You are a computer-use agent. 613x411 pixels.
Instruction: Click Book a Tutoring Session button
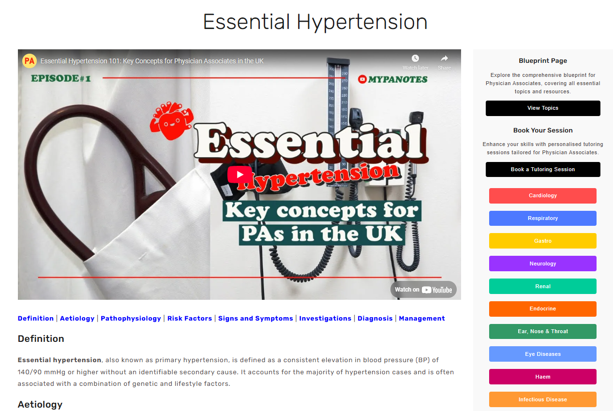point(543,169)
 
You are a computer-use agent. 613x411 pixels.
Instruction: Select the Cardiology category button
point(543,196)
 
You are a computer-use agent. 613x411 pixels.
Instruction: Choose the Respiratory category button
point(543,219)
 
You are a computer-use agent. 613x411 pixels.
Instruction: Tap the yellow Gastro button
point(543,241)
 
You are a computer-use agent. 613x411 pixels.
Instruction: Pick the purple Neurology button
point(543,264)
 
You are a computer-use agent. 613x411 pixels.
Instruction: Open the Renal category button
point(543,286)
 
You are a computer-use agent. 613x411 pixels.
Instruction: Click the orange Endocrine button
point(543,309)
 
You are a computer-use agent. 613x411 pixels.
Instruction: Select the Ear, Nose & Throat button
point(543,332)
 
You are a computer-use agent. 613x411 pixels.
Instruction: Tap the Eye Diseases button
point(543,354)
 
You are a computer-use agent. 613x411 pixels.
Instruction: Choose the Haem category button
point(543,377)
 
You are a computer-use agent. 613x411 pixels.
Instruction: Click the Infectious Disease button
point(543,399)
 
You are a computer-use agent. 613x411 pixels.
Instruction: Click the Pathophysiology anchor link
point(131,318)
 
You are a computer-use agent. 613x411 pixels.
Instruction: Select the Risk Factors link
point(190,318)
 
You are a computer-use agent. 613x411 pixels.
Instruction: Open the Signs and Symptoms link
point(255,318)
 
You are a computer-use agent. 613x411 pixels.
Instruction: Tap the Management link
point(422,318)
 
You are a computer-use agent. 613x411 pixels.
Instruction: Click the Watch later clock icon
point(415,59)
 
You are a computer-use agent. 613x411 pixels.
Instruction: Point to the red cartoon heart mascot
point(171,119)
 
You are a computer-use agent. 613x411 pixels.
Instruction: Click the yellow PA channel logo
point(30,61)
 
